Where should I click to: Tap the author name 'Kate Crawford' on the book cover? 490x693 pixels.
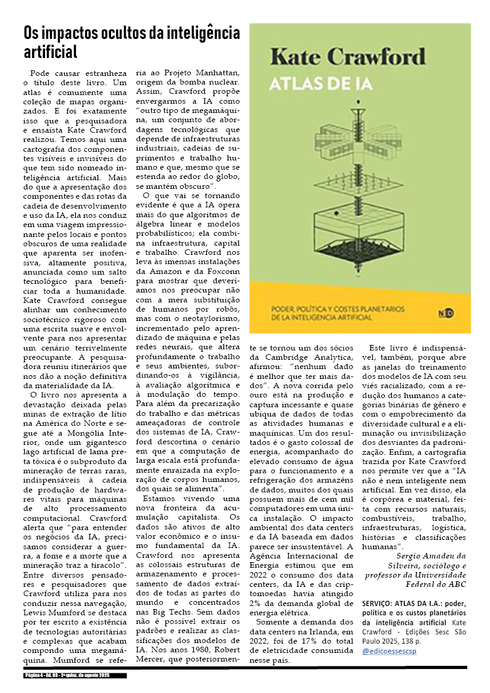(349, 58)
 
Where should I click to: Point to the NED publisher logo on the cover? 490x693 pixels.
(449, 313)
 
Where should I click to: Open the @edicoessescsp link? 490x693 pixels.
(390, 650)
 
